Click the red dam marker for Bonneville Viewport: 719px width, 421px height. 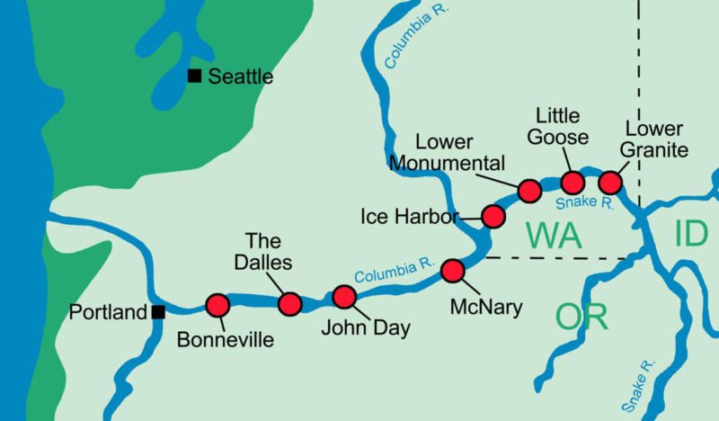(217, 306)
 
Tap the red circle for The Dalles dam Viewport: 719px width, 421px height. (289, 304)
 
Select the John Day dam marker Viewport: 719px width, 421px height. (344, 297)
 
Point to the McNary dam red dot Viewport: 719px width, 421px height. (453, 271)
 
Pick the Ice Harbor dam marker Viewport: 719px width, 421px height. (493, 216)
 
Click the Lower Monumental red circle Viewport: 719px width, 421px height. (529, 191)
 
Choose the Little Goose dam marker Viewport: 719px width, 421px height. (573, 180)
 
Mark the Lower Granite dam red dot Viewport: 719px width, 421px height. (610, 181)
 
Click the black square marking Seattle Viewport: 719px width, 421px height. (194, 76)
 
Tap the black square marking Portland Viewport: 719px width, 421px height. (157, 313)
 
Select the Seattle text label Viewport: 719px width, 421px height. (240, 77)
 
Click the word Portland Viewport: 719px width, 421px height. (109, 313)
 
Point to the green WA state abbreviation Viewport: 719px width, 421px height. (555, 236)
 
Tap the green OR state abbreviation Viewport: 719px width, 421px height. (581, 316)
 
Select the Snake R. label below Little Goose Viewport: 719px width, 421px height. (584, 203)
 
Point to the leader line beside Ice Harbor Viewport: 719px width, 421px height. (470, 217)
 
